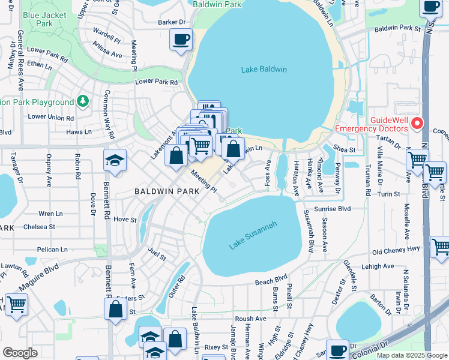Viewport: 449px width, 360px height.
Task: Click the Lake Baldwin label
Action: [264, 70]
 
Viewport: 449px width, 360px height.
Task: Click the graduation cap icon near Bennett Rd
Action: [115, 160]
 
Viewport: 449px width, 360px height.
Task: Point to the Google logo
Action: [20, 353]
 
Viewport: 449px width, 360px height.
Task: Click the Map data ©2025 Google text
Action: [411, 355]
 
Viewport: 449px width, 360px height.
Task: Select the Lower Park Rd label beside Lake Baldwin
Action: [157, 82]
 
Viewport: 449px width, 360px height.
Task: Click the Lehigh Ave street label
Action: [378, 266]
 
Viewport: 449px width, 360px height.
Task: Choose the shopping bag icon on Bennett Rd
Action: [115, 309]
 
